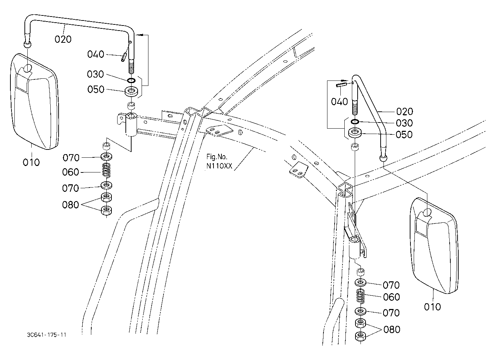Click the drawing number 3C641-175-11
tap(46, 334)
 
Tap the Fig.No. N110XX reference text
tap(219, 161)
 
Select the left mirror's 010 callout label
tap(31, 162)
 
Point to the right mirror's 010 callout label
tap(432, 307)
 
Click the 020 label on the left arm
tap(63, 39)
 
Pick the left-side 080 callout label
tap(70, 205)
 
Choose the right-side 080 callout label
tap(392, 329)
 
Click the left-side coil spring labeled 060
tap(106, 170)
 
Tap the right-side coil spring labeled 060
tap(361, 296)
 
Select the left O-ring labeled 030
tap(132, 80)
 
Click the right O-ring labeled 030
tap(355, 121)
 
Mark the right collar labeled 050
tap(355, 133)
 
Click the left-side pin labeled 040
tap(123, 57)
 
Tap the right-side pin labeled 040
tap(341, 85)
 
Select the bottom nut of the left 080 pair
tap(106, 210)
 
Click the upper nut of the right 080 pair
tap(360, 323)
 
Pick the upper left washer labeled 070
tap(106, 157)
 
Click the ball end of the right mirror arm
tap(384, 158)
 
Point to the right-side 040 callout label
tap(339, 102)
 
